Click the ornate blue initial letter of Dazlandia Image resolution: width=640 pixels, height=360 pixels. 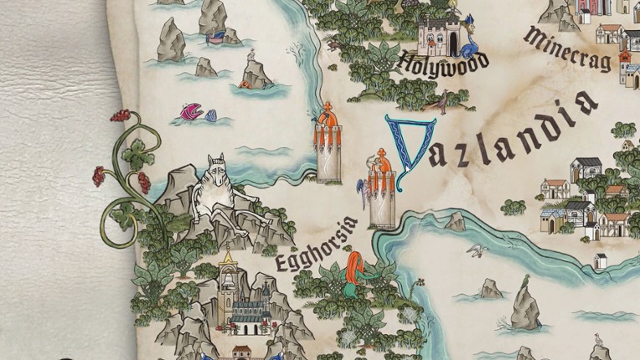coord(410,151)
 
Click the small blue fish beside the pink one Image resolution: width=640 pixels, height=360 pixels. coord(211,115)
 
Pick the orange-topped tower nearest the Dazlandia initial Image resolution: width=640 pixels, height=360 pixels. coord(382,188)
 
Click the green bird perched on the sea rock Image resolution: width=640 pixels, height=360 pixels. coord(525,280)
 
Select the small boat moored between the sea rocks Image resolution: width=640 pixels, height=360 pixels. coord(215,36)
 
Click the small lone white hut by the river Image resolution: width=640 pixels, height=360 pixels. coord(600,260)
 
